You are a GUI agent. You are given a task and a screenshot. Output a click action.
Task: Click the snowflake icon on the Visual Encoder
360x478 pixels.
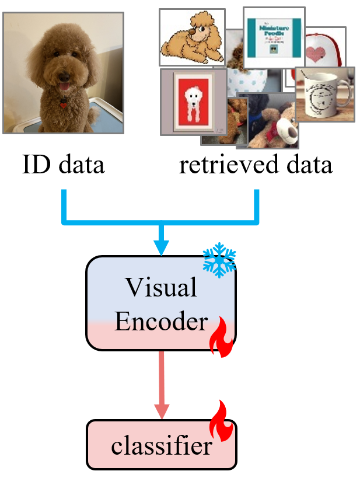(219, 260)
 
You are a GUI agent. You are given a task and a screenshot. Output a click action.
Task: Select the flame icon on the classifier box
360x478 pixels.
(221, 421)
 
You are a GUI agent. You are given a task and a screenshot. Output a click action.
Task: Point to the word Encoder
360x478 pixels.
(160, 322)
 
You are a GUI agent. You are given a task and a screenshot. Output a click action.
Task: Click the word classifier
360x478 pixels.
(161, 446)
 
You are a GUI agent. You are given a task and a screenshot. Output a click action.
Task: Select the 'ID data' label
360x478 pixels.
(63, 165)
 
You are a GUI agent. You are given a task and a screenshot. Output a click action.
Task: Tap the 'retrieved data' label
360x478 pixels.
(256, 165)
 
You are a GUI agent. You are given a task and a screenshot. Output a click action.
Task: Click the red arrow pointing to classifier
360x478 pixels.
(162, 385)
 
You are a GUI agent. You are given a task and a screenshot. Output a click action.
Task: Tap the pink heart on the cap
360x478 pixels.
(316, 54)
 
